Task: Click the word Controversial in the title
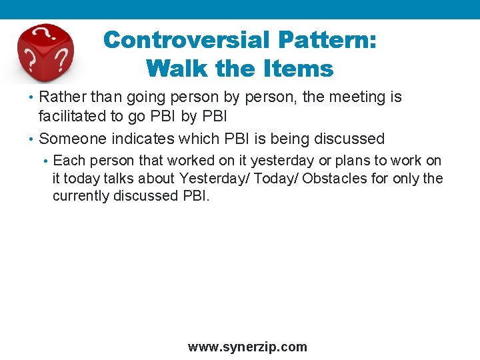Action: pos(187,40)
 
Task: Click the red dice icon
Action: pos(45,53)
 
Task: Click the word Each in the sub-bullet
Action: pos(68,161)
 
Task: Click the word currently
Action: pos(82,197)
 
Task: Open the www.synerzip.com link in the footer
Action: pos(247,347)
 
